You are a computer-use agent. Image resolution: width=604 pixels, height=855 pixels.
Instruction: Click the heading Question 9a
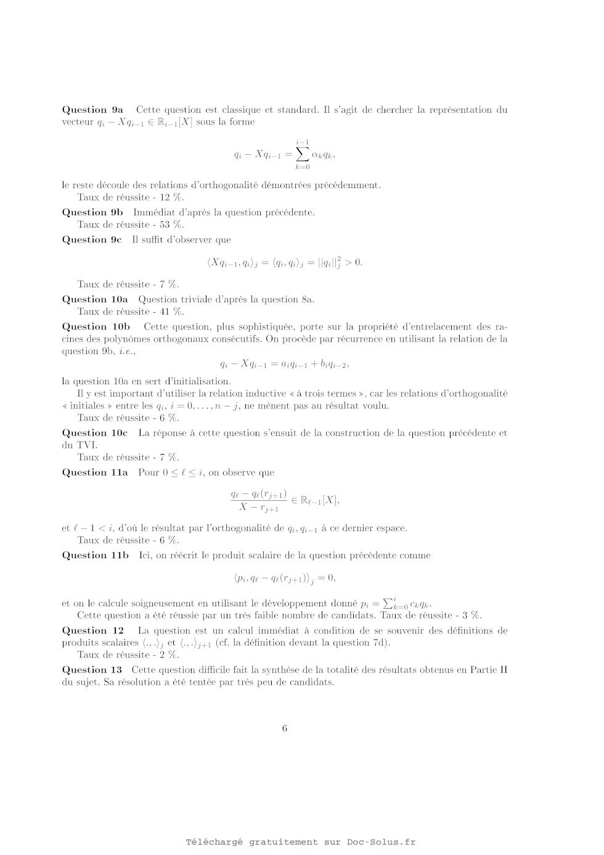tap(92, 110)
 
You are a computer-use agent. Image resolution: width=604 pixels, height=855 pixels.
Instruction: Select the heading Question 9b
tap(92, 212)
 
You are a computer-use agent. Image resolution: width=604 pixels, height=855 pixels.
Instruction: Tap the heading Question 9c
tap(92, 239)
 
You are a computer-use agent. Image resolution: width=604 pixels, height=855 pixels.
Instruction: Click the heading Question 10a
tap(95, 299)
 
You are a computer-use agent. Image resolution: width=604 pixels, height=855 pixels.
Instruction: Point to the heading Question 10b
tap(96, 326)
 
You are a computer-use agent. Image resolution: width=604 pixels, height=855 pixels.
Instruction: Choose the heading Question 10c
tap(95, 433)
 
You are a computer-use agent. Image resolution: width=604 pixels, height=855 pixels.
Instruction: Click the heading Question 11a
tap(95, 473)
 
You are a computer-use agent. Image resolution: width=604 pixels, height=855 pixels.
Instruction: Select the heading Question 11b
tap(96, 555)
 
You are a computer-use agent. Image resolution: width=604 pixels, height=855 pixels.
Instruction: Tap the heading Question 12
tap(93, 630)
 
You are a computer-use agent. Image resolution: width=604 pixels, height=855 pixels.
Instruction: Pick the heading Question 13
tap(92, 670)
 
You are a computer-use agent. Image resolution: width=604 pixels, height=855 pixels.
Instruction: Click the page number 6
tap(285, 729)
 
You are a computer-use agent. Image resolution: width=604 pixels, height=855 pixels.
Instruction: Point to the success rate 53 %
tap(171, 225)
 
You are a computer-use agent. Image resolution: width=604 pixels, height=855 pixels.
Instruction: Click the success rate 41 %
tap(171, 312)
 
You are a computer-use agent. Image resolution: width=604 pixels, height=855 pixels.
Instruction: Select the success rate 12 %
tap(171, 197)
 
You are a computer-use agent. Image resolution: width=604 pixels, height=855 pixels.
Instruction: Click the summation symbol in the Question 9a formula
tap(302, 154)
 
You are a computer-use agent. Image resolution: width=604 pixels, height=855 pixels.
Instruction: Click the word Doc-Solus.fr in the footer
tap(381, 842)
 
